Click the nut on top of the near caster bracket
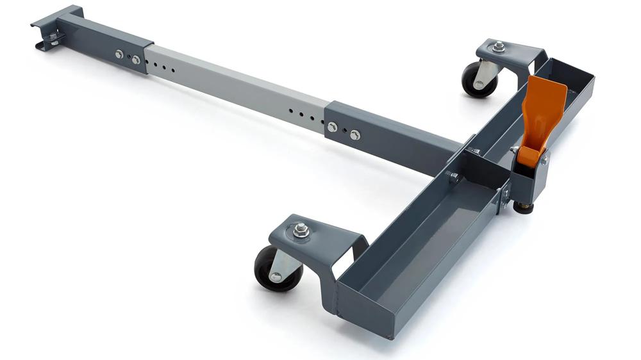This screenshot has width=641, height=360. (x=301, y=228)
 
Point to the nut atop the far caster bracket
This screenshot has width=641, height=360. (x=498, y=46)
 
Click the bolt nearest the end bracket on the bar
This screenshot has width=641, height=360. (x=119, y=54)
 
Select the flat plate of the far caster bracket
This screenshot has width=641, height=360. (x=513, y=51)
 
